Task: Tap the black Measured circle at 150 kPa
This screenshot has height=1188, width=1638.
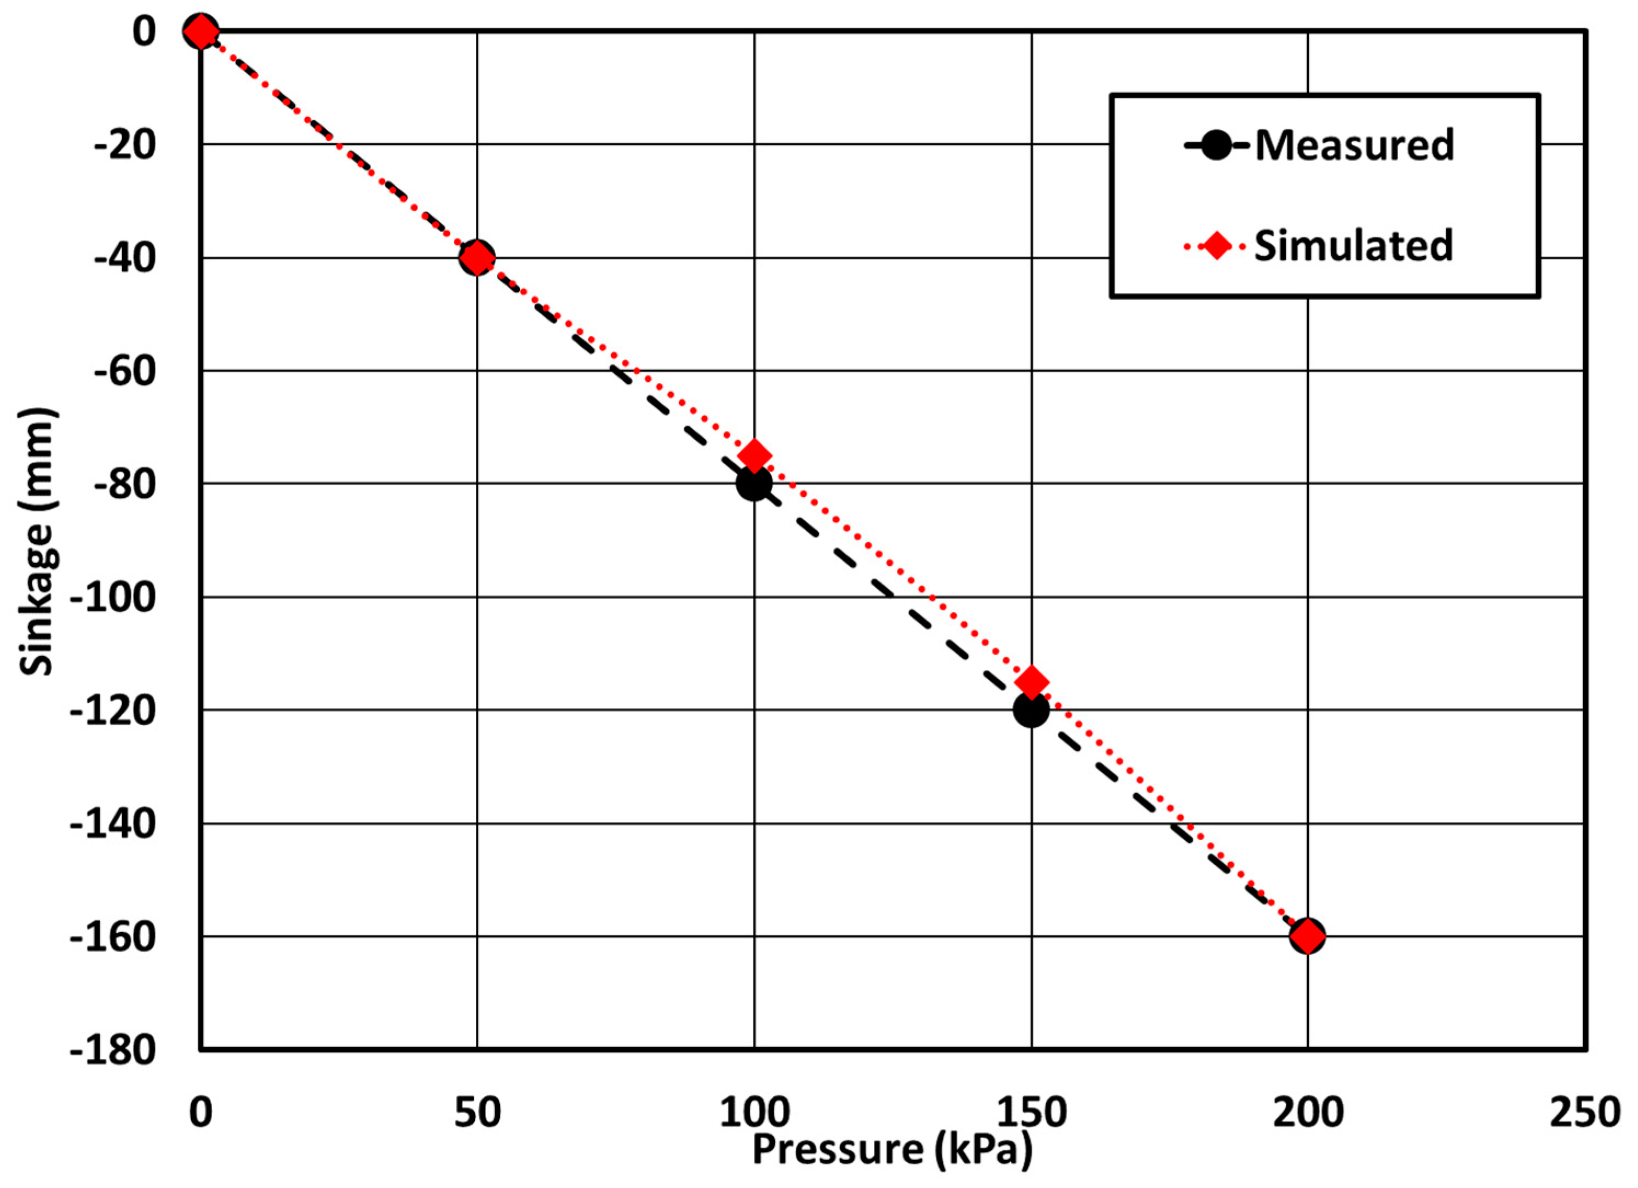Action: click(x=1030, y=710)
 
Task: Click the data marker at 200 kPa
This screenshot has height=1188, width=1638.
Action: click(x=1307, y=937)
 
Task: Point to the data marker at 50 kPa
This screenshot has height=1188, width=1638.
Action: click(x=477, y=258)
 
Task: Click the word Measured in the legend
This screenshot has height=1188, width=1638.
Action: click(x=1354, y=145)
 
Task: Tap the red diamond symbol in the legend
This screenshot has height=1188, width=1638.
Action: click(x=1217, y=246)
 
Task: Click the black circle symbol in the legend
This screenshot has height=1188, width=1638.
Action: click(x=1217, y=146)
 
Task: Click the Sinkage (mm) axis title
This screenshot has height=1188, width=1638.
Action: click(x=36, y=542)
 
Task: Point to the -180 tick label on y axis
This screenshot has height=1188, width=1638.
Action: click(x=113, y=1049)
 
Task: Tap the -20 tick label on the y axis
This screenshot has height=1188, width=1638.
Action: click(x=124, y=145)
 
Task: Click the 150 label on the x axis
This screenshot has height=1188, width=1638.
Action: click(x=1032, y=1113)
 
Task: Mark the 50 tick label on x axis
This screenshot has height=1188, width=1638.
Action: click(x=477, y=1113)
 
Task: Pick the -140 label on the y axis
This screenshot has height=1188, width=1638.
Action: click(x=113, y=824)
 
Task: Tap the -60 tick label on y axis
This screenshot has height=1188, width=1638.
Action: click(x=124, y=371)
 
